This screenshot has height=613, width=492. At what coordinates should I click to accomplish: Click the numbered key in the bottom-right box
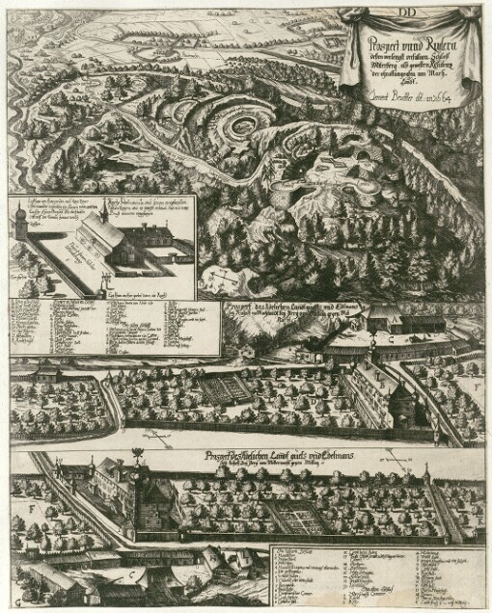pyautogui.click(x=376, y=570)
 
